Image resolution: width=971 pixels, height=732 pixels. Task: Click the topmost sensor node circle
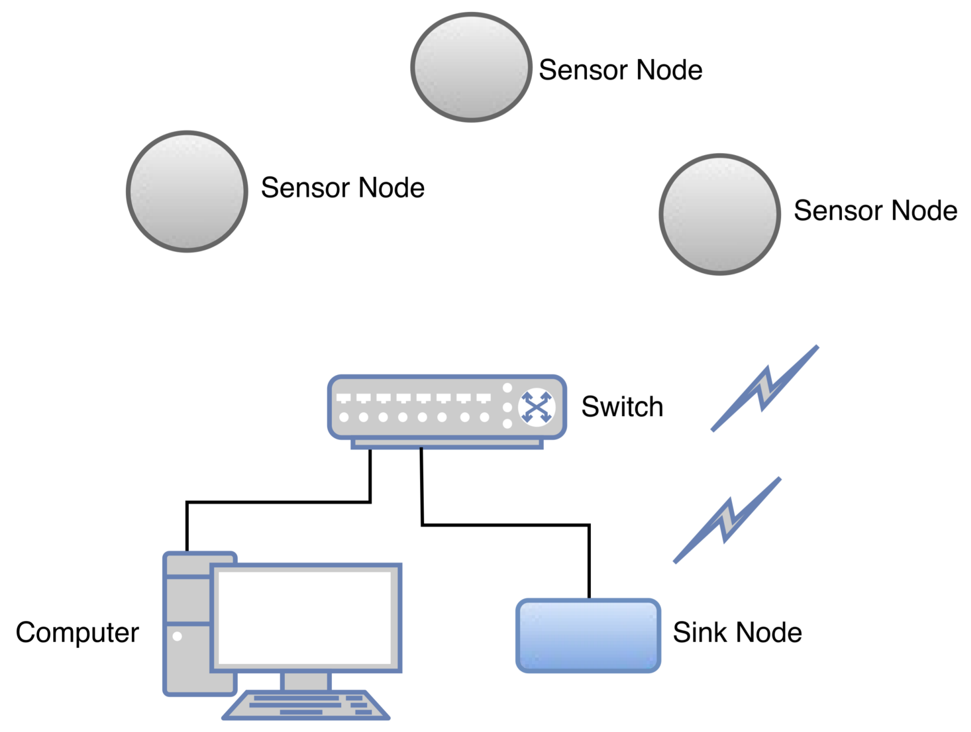pos(471,67)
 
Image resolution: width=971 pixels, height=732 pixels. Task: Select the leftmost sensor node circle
pos(187,191)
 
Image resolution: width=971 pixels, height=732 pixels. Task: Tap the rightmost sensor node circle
pos(719,214)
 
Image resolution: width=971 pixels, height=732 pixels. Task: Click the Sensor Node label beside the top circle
pos(620,70)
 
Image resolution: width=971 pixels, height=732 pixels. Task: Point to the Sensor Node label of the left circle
pos(342,187)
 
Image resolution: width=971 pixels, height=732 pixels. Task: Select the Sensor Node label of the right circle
pos(875,210)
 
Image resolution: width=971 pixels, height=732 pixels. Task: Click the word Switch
pos(622,407)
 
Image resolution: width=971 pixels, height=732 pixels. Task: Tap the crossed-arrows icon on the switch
pos(536,407)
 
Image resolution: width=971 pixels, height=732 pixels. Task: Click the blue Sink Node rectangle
pos(588,635)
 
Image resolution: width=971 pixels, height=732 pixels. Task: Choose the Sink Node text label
pos(737,632)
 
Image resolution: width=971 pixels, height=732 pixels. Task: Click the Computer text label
pos(77,632)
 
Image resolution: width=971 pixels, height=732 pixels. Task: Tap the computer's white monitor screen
pos(305,617)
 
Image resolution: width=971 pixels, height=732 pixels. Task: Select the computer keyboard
pos(306,705)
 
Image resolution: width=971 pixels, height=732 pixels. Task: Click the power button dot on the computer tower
pos(178,636)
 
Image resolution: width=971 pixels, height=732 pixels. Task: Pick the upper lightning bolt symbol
pos(765,389)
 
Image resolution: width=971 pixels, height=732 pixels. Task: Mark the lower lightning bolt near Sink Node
pos(727,521)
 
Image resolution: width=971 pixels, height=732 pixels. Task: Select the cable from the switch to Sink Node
pos(505,525)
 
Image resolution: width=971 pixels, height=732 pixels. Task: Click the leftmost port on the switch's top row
pos(344,398)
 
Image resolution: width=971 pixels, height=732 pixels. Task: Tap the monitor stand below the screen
pos(306,681)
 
